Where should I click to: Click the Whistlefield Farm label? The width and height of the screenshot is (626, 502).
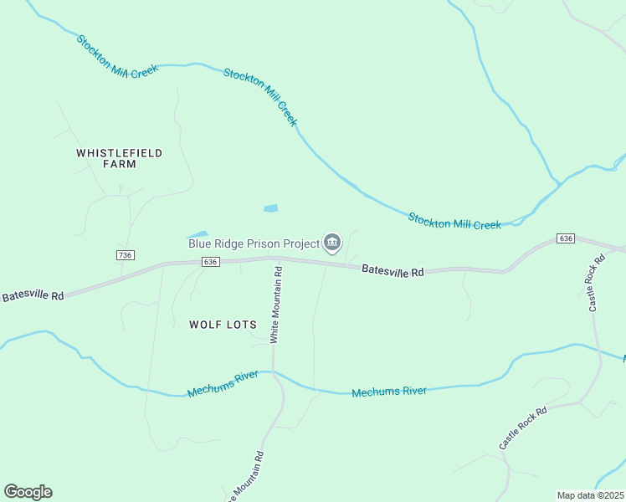(119, 158)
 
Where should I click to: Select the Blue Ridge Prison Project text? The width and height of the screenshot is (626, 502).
(254, 243)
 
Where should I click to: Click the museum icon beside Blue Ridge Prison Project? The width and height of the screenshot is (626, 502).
(332, 243)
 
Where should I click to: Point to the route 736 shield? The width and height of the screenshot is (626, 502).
(126, 254)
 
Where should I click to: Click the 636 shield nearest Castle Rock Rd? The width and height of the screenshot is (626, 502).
(566, 238)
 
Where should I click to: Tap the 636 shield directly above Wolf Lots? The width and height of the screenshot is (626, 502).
(210, 262)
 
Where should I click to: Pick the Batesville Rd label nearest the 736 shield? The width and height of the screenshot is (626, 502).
(33, 295)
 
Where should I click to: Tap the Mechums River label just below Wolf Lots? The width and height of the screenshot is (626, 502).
(222, 385)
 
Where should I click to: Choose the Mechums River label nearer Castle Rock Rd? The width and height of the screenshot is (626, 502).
(389, 392)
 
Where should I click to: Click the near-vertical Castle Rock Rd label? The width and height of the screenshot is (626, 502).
(595, 284)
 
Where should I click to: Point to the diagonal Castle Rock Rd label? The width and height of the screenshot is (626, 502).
(523, 428)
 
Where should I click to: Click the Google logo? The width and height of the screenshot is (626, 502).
(28, 492)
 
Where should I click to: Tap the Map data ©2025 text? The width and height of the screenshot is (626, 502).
(590, 495)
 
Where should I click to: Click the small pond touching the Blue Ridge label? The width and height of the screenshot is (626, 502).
(198, 235)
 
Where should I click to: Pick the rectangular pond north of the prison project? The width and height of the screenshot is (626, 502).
(270, 207)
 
